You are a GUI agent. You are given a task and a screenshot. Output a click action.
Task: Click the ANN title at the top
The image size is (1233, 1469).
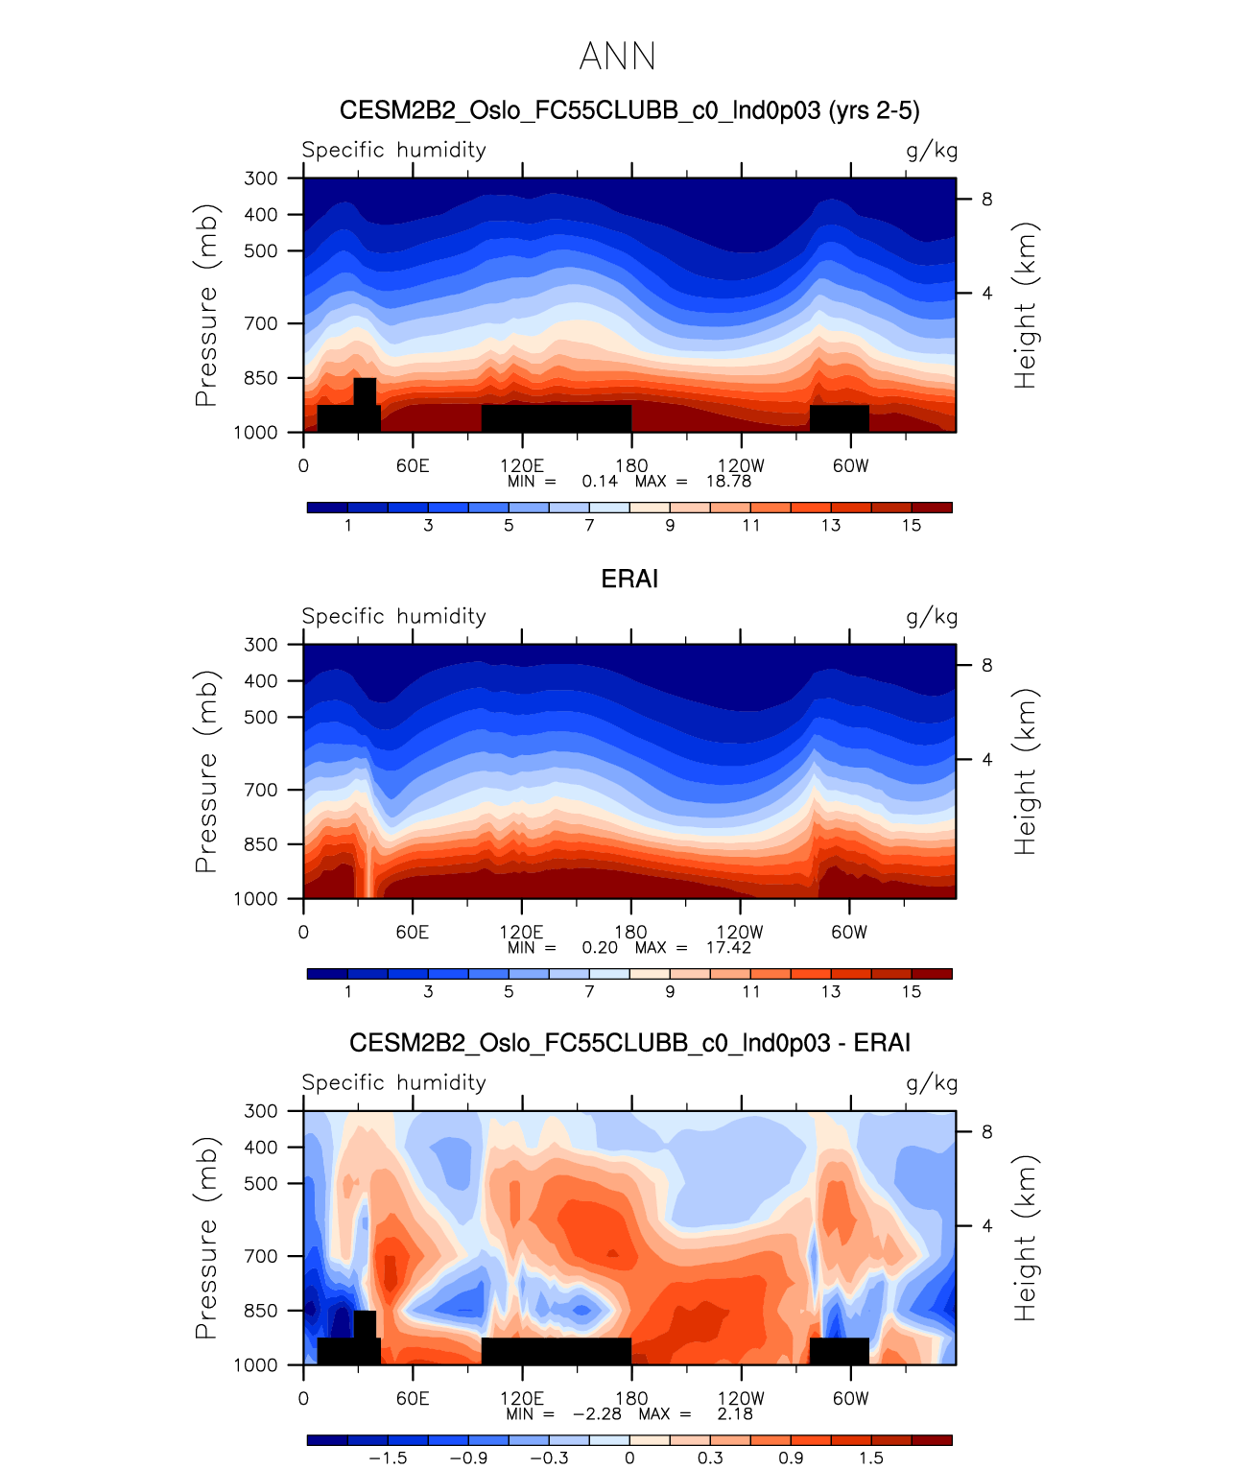click(x=617, y=57)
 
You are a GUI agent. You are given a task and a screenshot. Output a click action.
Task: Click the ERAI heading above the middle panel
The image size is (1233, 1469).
click(x=629, y=579)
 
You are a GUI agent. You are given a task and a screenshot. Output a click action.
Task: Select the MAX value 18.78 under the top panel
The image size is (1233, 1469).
click(x=728, y=481)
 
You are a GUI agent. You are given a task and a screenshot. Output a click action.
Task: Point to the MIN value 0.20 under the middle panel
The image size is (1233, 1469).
click(x=600, y=947)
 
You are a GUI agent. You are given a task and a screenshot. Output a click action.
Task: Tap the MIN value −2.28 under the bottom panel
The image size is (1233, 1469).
click(x=597, y=1413)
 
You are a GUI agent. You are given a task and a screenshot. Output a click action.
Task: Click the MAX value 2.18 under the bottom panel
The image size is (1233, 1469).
click(x=735, y=1413)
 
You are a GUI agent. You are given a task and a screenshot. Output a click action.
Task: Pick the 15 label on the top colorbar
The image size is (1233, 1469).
click(x=911, y=525)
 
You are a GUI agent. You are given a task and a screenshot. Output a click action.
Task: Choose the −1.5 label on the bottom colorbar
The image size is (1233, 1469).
click(x=388, y=1457)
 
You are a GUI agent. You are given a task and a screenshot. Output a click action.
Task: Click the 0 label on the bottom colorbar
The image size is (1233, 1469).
click(x=629, y=1457)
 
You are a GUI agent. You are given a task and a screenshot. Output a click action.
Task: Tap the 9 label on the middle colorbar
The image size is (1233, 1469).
click(x=670, y=991)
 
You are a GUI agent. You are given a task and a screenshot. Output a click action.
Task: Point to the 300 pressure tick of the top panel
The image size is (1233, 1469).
click(x=261, y=178)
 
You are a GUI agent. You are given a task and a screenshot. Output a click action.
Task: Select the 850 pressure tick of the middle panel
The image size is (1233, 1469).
click(x=261, y=844)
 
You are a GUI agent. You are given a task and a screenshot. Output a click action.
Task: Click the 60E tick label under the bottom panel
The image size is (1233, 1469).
click(x=413, y=1398)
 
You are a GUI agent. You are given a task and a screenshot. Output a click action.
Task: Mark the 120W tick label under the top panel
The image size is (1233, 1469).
click(x=741, y=465)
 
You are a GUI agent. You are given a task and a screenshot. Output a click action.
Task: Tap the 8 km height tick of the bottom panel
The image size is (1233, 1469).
click(x=986, y=1132)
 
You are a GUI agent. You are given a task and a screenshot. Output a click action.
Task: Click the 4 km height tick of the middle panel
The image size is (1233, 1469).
click(x=986, y=760)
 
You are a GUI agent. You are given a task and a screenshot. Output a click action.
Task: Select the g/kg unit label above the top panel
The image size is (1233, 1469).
click(x=932, y=151)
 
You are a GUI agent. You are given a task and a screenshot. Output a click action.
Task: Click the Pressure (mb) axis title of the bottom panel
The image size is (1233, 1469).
click(x=206, y=1238)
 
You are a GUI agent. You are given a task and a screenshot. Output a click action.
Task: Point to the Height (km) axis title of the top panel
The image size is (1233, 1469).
click(x=1026, y=305)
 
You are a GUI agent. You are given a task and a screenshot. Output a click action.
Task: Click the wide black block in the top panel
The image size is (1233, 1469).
click(x=557, y=418)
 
